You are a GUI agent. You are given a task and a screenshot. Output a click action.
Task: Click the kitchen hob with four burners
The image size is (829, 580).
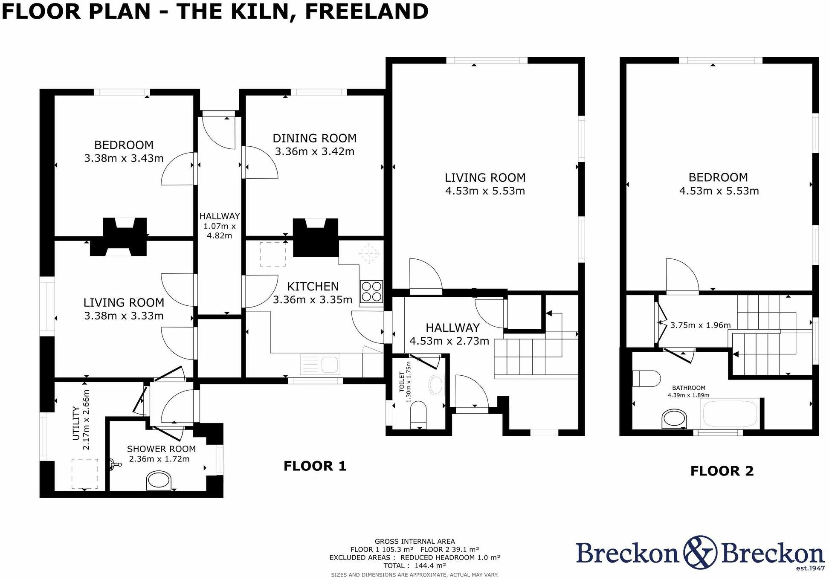(371, 291)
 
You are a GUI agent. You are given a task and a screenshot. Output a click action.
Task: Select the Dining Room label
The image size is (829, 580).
(315, 138)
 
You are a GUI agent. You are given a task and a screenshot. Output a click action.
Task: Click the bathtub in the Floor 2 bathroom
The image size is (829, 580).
(730, 413)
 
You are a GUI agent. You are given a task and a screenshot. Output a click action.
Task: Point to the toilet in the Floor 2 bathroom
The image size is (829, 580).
(646, 378)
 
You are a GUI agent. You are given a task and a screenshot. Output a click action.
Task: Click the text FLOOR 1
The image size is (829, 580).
(315, 466)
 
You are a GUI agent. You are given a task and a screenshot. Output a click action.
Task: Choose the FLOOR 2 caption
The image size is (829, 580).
(722, 471)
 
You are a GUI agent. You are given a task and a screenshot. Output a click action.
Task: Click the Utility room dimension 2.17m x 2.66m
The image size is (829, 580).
(86, 420)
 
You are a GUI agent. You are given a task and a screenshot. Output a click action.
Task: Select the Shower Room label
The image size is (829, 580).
(161, 449)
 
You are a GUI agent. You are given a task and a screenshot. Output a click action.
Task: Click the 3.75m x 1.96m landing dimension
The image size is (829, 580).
(700, 325)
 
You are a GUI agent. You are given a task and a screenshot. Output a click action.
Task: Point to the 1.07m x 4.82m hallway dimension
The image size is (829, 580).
(220, 231)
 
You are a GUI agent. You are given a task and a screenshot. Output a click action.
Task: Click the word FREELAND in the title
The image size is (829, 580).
(367, 12)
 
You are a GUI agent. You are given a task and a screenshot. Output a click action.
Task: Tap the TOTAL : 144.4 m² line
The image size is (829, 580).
(414, 565)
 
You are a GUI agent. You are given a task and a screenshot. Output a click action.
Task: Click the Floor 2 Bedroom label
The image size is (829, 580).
(718, 177)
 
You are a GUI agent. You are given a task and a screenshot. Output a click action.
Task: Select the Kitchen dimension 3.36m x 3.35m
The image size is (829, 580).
(313, 300)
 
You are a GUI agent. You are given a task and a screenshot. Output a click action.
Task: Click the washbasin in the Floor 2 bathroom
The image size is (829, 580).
(674, 419)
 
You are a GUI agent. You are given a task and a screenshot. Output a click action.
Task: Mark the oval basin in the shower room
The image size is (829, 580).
(159, 481)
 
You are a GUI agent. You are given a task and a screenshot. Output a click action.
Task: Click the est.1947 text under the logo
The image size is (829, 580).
(810, 568)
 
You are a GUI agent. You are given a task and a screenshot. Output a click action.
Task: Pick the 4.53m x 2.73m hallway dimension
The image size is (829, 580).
(449, 341)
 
